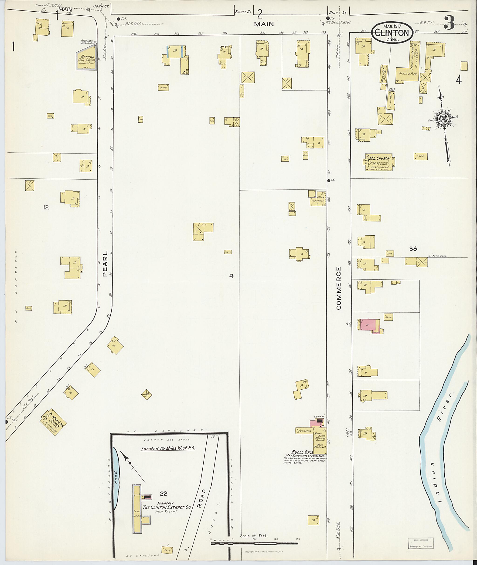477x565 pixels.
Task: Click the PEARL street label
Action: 105,263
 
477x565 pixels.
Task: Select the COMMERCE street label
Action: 339,288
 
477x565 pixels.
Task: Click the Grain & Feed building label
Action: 408,74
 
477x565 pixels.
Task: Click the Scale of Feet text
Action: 253,535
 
